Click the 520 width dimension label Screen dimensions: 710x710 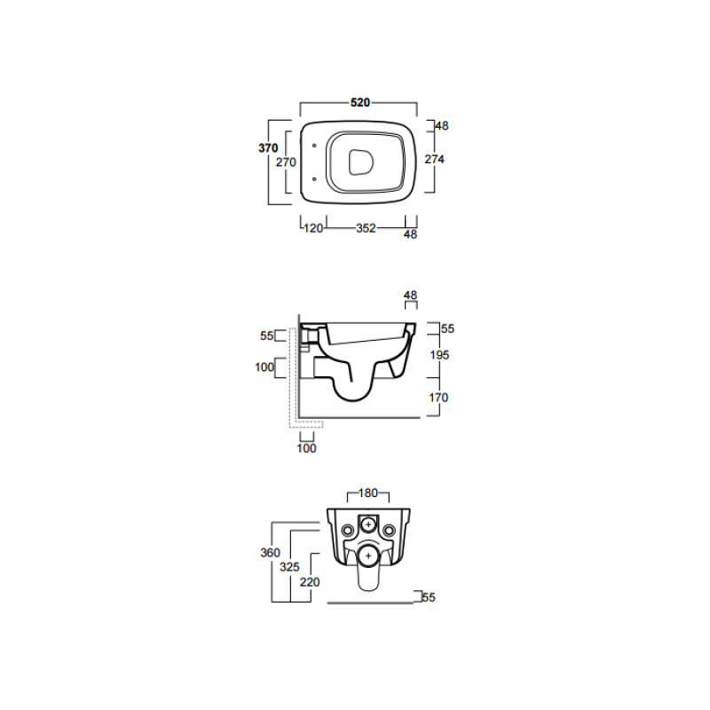click(x=360, y=103)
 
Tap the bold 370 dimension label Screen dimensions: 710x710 click(x=268, y=147)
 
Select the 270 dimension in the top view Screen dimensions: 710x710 click(x=286, y=162)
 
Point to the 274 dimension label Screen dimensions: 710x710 click(x=434, y=159)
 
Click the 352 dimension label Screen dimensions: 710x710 click(x=366, y=228)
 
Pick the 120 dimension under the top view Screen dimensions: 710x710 click(x=313, y=228)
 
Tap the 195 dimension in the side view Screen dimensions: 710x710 click(x=439, y=354)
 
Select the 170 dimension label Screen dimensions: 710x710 click(x=438, y=398)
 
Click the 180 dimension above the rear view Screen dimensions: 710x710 click(x=367, y=493)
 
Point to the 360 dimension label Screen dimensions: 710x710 click(x=271, y=552)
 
